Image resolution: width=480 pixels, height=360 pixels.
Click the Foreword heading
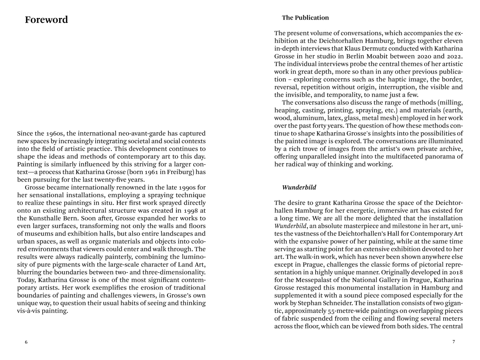(46, 20)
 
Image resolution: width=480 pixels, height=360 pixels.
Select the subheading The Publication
(305, 18)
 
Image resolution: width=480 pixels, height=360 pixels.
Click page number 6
(26, 342)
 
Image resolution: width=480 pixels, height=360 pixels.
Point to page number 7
(454, 342)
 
